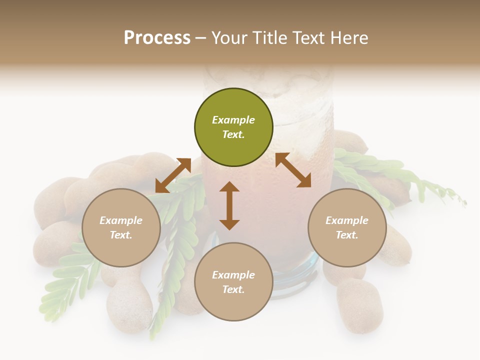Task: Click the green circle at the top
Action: point(233,127)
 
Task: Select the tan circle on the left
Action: point(121,227)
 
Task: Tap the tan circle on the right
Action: point(347,227)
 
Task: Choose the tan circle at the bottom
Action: point(233,282)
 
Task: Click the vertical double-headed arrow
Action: point(229,205)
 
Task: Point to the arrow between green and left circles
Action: point(173,175)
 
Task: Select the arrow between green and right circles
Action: point(293,170)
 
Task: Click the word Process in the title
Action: point(157,37)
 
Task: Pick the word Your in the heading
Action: point(230,37)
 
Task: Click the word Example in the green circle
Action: point(233,120)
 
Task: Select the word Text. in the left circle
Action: point(121,235)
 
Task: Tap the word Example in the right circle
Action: point(347,220)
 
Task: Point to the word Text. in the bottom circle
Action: point(233,289)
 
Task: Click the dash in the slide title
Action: point(201,38)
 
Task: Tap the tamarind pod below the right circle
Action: point(360,305)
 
